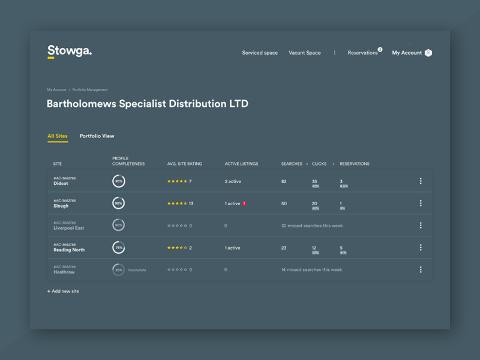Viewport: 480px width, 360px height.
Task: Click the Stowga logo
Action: pyautogui.click(x=70, y=52)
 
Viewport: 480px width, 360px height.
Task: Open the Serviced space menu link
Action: pyautogui.click(x=260, y=53)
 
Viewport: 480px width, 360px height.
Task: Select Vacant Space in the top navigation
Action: pyautogui.click(x=305, y=53)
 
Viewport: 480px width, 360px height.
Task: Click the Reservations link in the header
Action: pyautogui.click(x=363, y=53)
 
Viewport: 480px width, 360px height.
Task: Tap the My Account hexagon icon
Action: pyautogui.click(x=428, y=53)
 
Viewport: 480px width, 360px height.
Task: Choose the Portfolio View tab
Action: pyautogui.click(x=97, y=136)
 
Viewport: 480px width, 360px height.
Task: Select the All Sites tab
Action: pyautogui.click(x=58, y=136)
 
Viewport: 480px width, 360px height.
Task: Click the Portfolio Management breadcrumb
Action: pyautogui.click(x=90, y=89)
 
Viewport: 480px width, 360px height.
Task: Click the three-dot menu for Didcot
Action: pyautogui.click(x=421, y=181)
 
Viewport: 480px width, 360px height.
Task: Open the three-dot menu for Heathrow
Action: pyautogui.click(x=421, y=270)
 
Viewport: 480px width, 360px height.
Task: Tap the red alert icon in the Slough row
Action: pyautogui.click(x=245, y=203)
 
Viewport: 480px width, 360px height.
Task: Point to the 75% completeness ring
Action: pyautogui.click(x=119, y=248)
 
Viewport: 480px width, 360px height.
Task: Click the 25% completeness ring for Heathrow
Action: pyautogui.click(x=119, y=270)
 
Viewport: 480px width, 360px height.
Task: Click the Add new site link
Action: pyautogui.click(x=64, y=291)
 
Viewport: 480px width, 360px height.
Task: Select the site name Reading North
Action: pyautogui.click(x=69, y=250)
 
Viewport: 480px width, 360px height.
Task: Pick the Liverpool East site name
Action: pyautogui.click(x=68, y=228)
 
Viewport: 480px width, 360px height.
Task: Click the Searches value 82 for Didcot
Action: pyautogui.click(x=284, y=181)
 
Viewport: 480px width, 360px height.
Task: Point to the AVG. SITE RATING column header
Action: pyautogui.click(x=185, y=164)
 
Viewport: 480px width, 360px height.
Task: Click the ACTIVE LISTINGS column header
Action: pyautogui.click(x=241, y=164)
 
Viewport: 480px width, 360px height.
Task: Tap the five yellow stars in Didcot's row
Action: pyautogui.click(x=177, y=181)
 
